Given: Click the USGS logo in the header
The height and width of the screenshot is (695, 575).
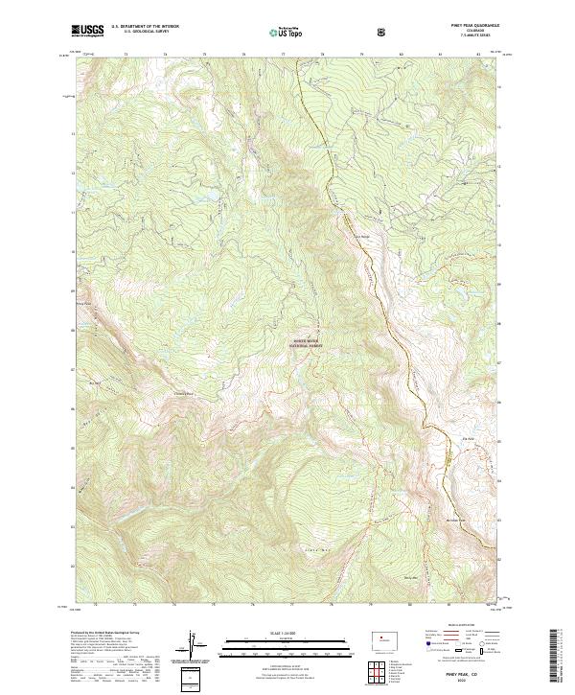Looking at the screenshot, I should coord(89,30).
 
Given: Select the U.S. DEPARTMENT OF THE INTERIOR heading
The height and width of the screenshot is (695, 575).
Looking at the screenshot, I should coord(144,26).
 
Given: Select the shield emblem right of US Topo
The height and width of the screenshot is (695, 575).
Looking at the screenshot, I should coord(382,32).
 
